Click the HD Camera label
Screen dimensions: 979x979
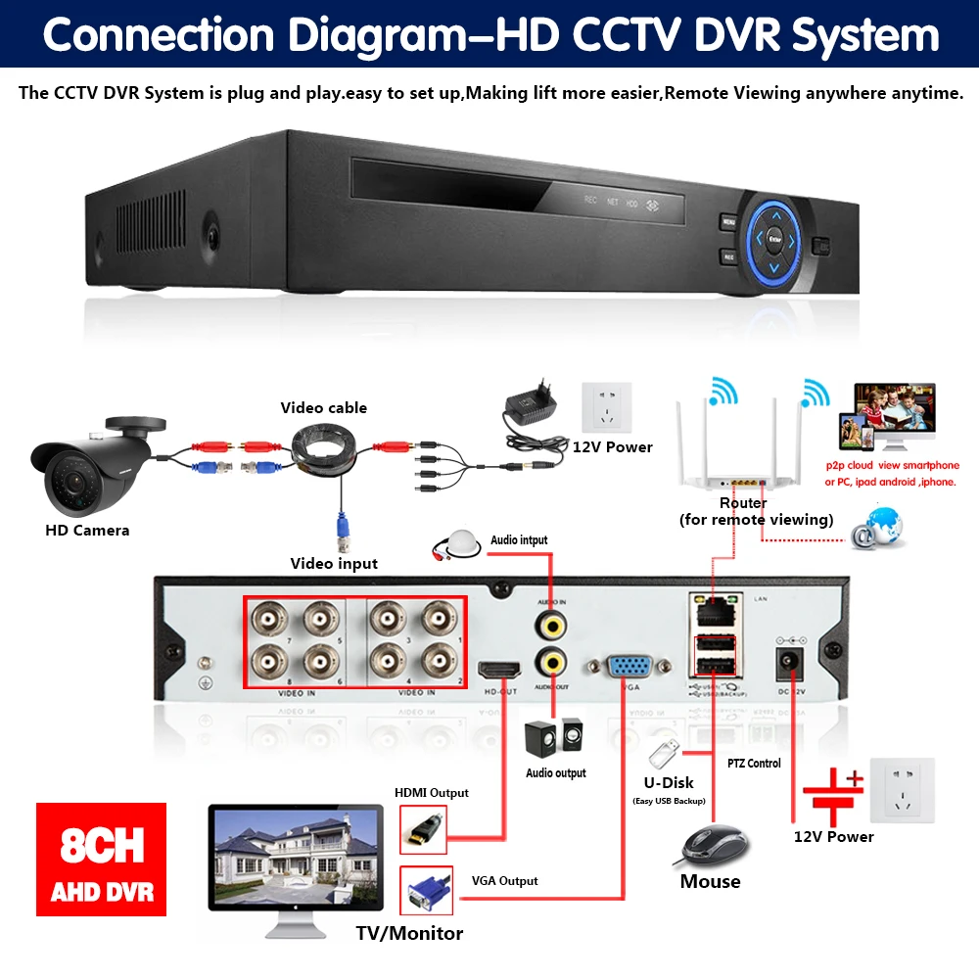tap(87, 531)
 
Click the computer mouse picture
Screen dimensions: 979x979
tap(712, 844)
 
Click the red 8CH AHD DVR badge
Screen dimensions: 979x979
tap(101, 860)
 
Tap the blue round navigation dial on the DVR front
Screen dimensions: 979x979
tap(774, 238)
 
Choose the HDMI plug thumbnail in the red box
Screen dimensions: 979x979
tap(423, 830)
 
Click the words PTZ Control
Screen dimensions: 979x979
tap(754, 764)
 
